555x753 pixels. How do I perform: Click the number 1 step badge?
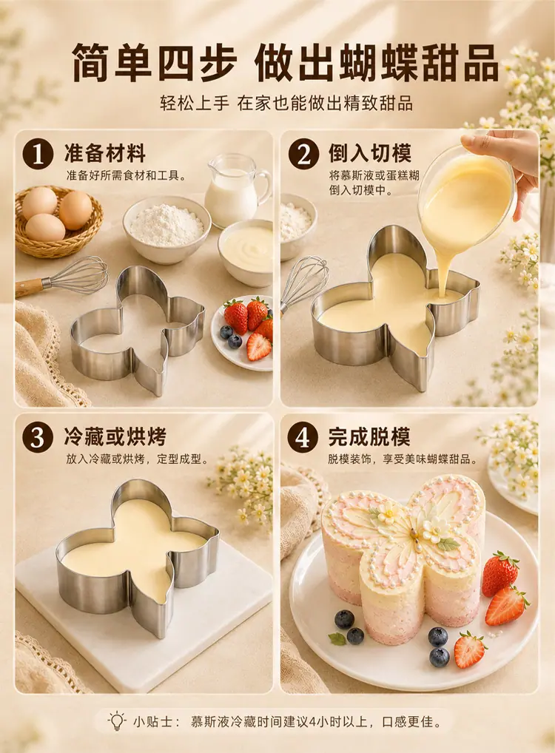pos(38,154)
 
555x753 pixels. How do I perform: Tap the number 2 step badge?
pos(303,154)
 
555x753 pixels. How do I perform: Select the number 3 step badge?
pos(38,437)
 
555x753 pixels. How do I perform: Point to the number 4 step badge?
pos(303,437)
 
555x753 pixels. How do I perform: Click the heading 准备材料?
pos(105,154)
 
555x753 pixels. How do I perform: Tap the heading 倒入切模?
pos(370,154)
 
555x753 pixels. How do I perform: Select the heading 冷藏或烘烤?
pos(115,436)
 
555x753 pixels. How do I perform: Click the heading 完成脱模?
pos(370,436)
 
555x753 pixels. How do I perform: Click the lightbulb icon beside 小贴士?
pos(116,721)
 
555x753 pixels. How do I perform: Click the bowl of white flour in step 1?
pos(166,229)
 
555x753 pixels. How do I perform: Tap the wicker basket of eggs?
pos(58,221)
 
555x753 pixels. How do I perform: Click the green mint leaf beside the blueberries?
pos(337,638)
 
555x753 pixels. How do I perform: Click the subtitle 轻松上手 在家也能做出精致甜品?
pos(286,104)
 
